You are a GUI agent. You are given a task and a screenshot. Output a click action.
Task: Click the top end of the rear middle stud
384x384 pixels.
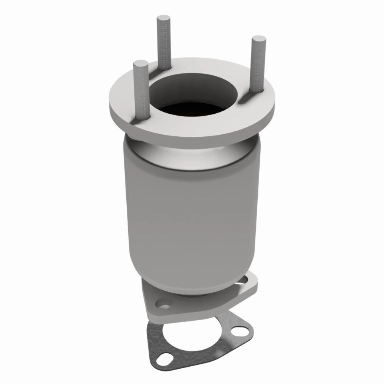pyautogui.click(x=162, y=18)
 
